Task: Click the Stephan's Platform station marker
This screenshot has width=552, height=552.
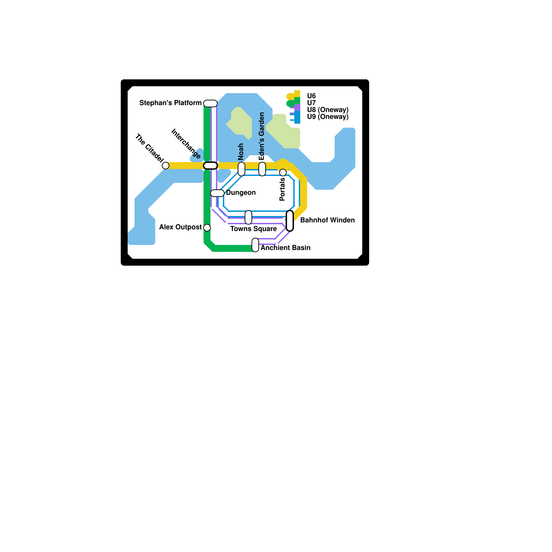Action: tap(210, 103)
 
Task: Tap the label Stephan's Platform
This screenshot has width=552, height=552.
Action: tap(170, 103)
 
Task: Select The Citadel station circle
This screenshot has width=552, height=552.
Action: tap(166, 166)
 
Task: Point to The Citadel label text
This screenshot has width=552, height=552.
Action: tap(149, 148)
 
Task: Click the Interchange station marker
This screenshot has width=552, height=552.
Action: tap(210, 166)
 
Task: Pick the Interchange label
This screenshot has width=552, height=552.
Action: tap(186, 144)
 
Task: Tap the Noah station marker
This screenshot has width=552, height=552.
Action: tap(241, 169)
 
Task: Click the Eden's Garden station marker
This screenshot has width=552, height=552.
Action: tap(262, 169)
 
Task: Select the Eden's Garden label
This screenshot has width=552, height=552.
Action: tap(262, 136)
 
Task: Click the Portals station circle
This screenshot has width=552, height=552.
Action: tap(283, 172)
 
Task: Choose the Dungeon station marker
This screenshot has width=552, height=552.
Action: tap(217, 193)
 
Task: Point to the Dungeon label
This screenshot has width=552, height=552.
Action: tap(241, 193)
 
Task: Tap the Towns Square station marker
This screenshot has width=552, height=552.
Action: tap(248, 217)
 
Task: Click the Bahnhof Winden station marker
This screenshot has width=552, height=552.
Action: tap(290, 221)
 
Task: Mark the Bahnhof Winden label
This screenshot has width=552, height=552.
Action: tap(327, 220)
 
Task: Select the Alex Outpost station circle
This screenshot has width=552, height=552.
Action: tap(207, 228)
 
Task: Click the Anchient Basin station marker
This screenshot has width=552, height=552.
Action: tap(255, 245)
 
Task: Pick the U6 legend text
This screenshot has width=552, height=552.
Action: tap(311, 96)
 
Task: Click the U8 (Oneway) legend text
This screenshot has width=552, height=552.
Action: tap(328, 110)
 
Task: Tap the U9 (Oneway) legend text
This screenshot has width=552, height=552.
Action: tap(328, 117)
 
